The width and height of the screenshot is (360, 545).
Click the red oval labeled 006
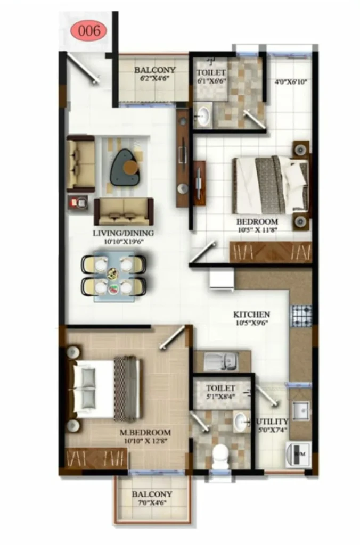pyautogui.click(x=89, y=30)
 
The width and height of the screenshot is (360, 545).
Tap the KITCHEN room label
pyautogui.click(x=251, y=314)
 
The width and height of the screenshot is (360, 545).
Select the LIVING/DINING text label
pyautogui.click(x=123, y=233)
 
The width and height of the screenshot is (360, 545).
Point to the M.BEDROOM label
pyautogui.click(x=145, y=433)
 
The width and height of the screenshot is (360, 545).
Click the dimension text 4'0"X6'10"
pyautogui.click(x=291, y=82)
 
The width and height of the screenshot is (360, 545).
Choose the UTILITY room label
pyautogui.click(x=272, y=422)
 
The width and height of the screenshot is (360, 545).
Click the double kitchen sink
pyautogui.click(x=221, y=361)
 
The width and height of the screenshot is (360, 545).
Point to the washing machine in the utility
pyautogui.click(x=299, y=453)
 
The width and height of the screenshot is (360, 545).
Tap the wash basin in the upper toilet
pyautogui.click(x=203, y=115)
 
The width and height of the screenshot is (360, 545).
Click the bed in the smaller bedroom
pyautogui.click(x=271, y=185)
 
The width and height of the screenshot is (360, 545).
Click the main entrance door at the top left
pyautogui.click(x=82, y=68)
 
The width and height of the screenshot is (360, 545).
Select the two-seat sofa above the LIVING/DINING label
pyautogui.click(x=124, y=212)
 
